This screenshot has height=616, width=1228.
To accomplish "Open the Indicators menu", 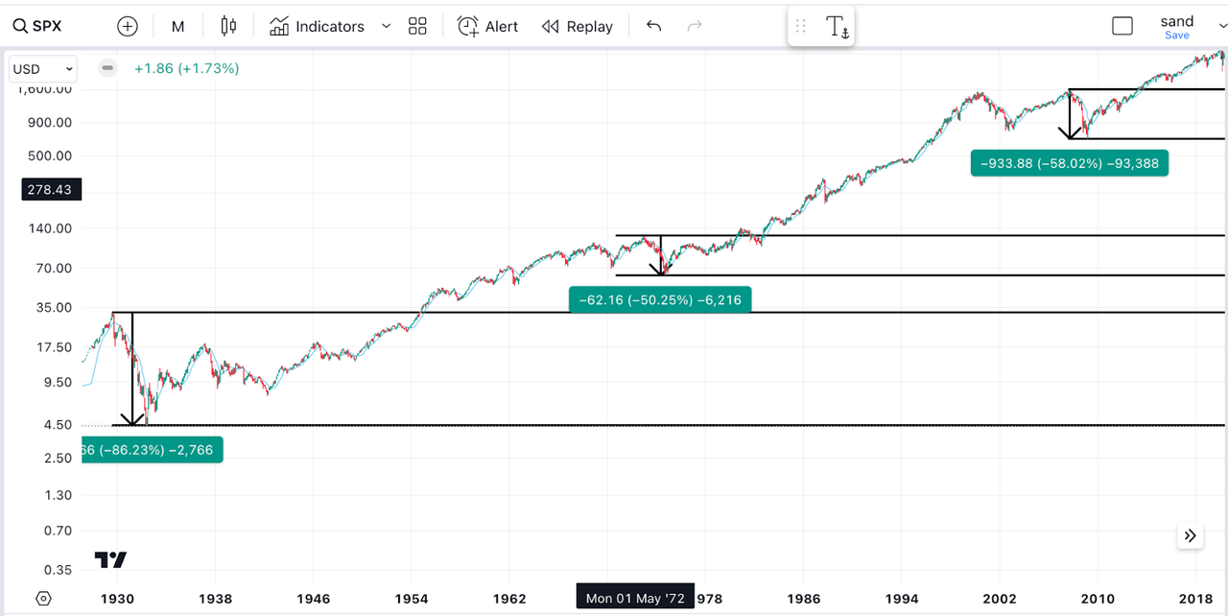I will pos(329,26).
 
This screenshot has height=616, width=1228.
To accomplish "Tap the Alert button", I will pos(488,26).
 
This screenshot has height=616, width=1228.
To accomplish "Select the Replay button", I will pos(578,26).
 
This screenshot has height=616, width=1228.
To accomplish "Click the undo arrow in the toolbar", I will pos(653,26).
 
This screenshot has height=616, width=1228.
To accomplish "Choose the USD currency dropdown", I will pos(43,69).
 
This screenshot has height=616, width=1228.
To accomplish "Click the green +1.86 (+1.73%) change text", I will pos(186,68).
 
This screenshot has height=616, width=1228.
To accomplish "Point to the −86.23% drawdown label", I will pos(153,450).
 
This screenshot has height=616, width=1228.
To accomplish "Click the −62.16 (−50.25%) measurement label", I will pos(660,300).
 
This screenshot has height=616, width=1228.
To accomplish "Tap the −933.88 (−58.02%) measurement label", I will pos(1070,163).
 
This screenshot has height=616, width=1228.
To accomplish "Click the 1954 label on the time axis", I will pos(412,599).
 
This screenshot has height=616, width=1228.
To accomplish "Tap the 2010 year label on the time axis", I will pos(1098,599).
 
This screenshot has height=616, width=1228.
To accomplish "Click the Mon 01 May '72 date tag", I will pos(635,598).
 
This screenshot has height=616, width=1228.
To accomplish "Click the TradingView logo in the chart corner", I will pos(110,560).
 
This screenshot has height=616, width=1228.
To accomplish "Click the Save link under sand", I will pos(1176,36).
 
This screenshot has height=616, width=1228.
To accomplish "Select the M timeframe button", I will pos(177,26).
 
